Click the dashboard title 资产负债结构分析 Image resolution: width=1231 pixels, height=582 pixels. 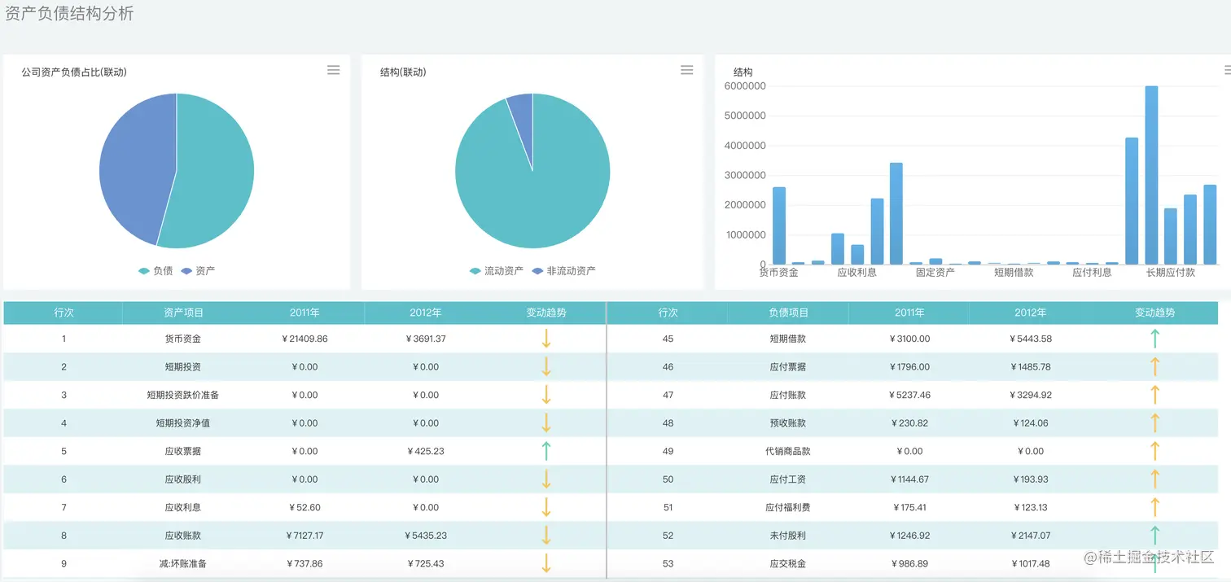(x=69, y=14)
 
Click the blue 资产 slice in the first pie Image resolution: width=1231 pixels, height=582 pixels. (x=134, y=167)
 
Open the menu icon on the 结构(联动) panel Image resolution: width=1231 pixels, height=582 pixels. (x=686, y=70)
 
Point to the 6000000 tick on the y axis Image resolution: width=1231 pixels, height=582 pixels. (x=744, y=86)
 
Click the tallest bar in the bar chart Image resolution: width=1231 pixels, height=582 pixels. (x=1151, y=175)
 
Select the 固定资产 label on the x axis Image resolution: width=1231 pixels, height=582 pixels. (x=935, y=273)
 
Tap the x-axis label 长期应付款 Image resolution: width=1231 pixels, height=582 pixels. (x=1170, y=273)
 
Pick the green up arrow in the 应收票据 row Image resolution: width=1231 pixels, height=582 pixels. (x=546, y=451)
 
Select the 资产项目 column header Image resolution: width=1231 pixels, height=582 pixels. (x=183, y=313)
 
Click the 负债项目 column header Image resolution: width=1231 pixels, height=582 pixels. (x=788, y=313)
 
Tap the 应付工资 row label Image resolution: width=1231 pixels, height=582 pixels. (x=788, y=479)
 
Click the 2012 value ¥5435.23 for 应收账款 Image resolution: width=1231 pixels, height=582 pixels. (x=425, y=536)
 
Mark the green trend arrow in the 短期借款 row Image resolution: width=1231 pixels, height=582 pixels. (x=1154, y=339)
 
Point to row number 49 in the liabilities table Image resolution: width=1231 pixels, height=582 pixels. (x=668, y=451)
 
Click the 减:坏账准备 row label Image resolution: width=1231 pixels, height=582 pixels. (x=183, y=563)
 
